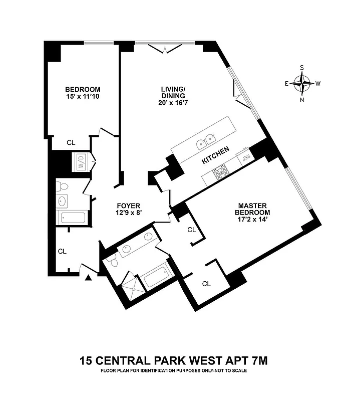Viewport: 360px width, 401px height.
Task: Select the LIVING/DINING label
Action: pos(173,92)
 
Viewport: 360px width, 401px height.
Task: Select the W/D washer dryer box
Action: pos(81,161)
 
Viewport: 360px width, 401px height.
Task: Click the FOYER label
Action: pos(128,206)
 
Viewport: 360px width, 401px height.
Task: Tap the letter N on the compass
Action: pos(302,99)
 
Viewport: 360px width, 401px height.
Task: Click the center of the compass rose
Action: pos(302,84)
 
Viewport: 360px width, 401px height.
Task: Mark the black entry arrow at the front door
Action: pos(89,277)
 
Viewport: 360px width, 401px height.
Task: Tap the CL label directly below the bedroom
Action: pos(71,142)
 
